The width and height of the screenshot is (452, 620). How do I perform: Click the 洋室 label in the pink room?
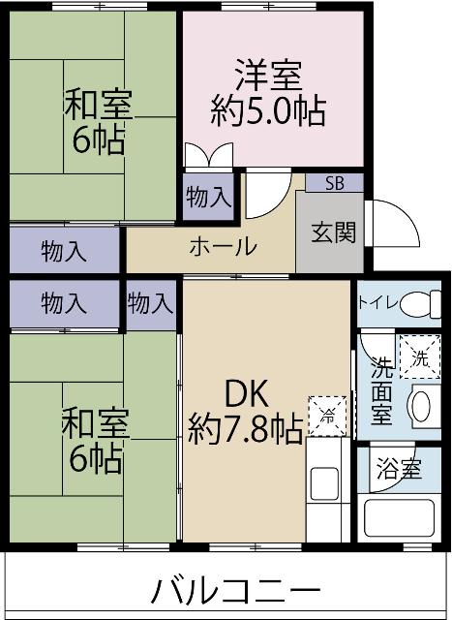click(x=268, y=75)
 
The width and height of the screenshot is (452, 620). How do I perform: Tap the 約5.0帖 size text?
click(x=268, y=107)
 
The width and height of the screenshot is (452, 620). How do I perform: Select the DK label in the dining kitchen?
click(x=245, y=394)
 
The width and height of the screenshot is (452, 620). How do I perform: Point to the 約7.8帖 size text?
click(x=245, y=428)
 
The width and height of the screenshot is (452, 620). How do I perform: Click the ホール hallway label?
click(x=222, y=246)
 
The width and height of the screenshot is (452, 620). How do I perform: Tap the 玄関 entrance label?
click(x=331, y=233)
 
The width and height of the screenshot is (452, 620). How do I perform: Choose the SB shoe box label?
click(x=333, y=183)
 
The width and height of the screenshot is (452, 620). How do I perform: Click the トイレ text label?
click(x=376, y=302)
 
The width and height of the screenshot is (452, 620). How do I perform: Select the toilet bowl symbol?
click(x=418, y=303)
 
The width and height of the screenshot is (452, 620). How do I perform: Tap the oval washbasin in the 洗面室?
click(x=422, y=406)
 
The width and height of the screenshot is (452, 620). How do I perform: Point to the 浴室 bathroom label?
click(x=397, y=471)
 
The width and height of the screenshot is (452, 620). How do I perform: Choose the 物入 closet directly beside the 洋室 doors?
click(x=208, y=197)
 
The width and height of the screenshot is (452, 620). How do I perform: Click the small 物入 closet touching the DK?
click(x=150, y=303)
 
